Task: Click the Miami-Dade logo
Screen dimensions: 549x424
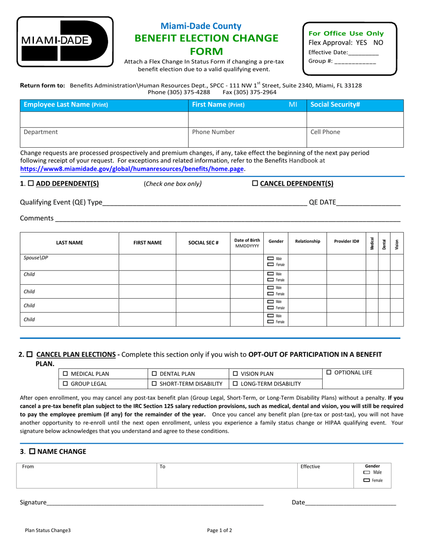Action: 65,41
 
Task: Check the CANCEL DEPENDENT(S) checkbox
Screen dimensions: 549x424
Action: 255,183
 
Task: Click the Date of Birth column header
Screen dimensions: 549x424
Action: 247,242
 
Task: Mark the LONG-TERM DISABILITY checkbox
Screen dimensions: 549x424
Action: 235,383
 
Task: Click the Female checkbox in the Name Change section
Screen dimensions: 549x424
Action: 367,480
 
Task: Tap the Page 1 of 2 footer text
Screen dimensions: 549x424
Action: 220,531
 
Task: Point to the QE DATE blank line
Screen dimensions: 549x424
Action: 368,202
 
